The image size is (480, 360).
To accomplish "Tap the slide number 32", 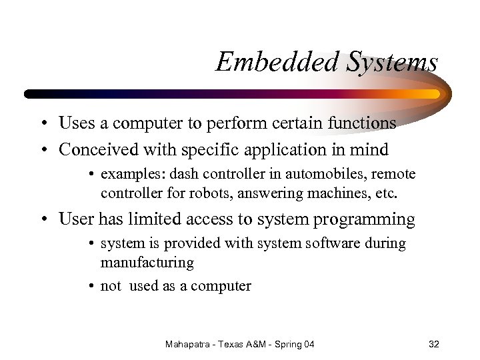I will (434, 344).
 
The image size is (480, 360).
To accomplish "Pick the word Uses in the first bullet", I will (75, 123).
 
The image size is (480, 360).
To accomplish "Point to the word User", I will (75, 219).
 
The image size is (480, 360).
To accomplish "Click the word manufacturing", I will (147, 263).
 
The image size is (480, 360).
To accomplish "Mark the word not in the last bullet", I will (111, 286).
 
